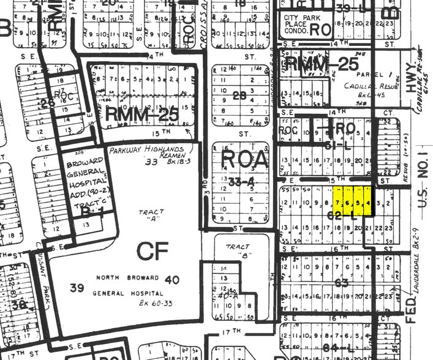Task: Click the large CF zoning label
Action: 152,252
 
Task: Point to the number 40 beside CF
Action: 172,280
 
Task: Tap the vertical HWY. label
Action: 407,79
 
